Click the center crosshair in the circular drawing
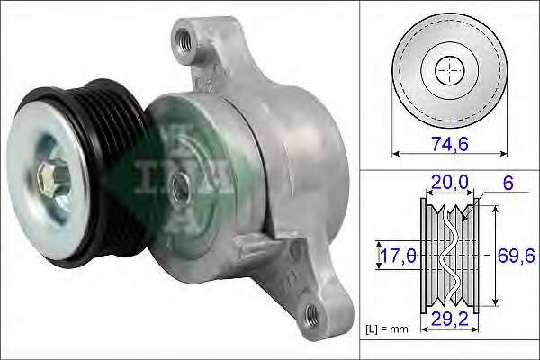447,71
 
